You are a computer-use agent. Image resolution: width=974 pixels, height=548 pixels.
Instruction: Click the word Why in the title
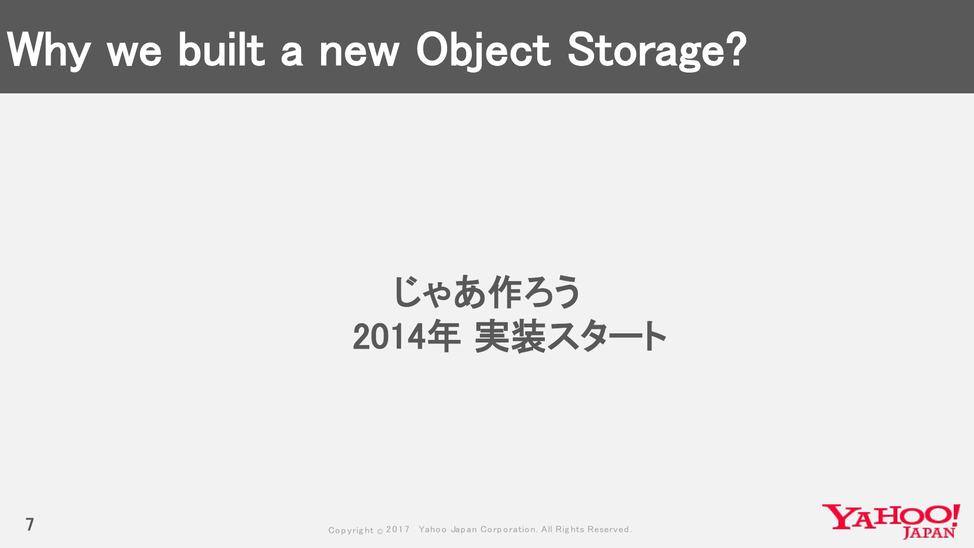pyautogui.click(x=49, y=50)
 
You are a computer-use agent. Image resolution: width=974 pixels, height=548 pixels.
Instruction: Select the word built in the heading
pyautogui.click(x=222, y=49)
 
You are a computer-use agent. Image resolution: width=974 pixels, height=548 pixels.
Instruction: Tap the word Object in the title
pyautogui.click(x=483, y=50)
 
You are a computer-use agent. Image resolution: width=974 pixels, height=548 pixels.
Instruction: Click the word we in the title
pyautogui.click(x=135, y=53)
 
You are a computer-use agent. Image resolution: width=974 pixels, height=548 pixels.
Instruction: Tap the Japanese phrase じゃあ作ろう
pyautogui.click(x=486, y=292)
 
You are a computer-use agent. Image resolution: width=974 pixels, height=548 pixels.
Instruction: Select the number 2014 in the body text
pyautogui.click(x=389, y=337)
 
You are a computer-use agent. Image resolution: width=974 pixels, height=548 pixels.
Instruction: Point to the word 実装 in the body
pyautogui.click(x=510, y=336)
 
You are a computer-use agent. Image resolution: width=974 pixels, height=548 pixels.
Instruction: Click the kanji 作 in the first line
pyautogui.click(x=504, y=292)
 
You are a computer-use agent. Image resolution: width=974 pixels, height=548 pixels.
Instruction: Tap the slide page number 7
pyautogui.click(x=30, y=524)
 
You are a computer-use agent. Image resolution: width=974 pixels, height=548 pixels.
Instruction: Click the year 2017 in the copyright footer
pyautogui.click(x=398, y=529)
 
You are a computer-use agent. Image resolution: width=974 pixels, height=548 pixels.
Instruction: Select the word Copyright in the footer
pyautogui.click(x=351, y=530)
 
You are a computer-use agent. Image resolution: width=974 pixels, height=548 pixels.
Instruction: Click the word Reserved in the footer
pyautogui.click(x=609, y=529)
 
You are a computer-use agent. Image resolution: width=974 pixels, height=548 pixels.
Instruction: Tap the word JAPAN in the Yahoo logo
pyautogui.click(x=929, y=532)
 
